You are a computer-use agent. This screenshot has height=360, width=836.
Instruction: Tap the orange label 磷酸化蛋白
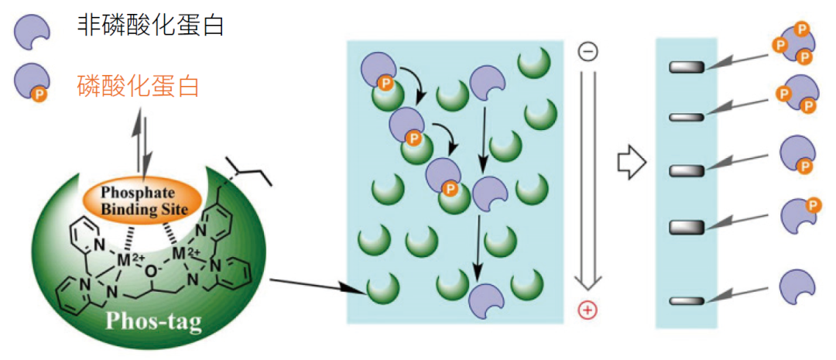tap(138, 85)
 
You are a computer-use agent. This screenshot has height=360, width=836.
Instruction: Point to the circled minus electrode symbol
tap(588, 52)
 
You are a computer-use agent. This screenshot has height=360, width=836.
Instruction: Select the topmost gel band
tap(687, 68)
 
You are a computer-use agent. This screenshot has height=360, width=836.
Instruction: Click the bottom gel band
tap(687, 300)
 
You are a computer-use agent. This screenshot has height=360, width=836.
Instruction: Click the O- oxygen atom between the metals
tap(152, 272)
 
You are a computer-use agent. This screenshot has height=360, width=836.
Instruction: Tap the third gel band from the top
tap(687, 170)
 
